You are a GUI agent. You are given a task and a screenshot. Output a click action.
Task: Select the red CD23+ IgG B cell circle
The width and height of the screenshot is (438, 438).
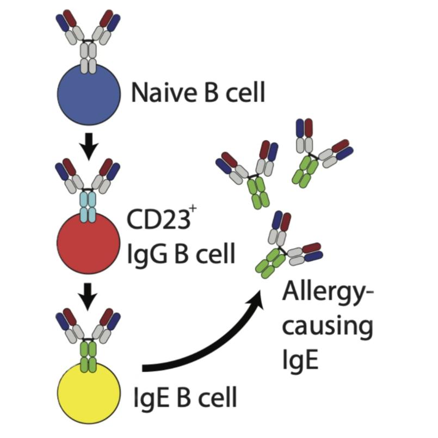[89, 243]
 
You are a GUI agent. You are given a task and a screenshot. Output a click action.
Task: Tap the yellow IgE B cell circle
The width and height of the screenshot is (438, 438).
[89, 394]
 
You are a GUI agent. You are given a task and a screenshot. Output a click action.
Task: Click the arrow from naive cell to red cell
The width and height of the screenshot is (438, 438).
[89, 146]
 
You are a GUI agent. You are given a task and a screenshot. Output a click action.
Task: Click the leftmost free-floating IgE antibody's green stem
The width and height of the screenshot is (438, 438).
[257, 192]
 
